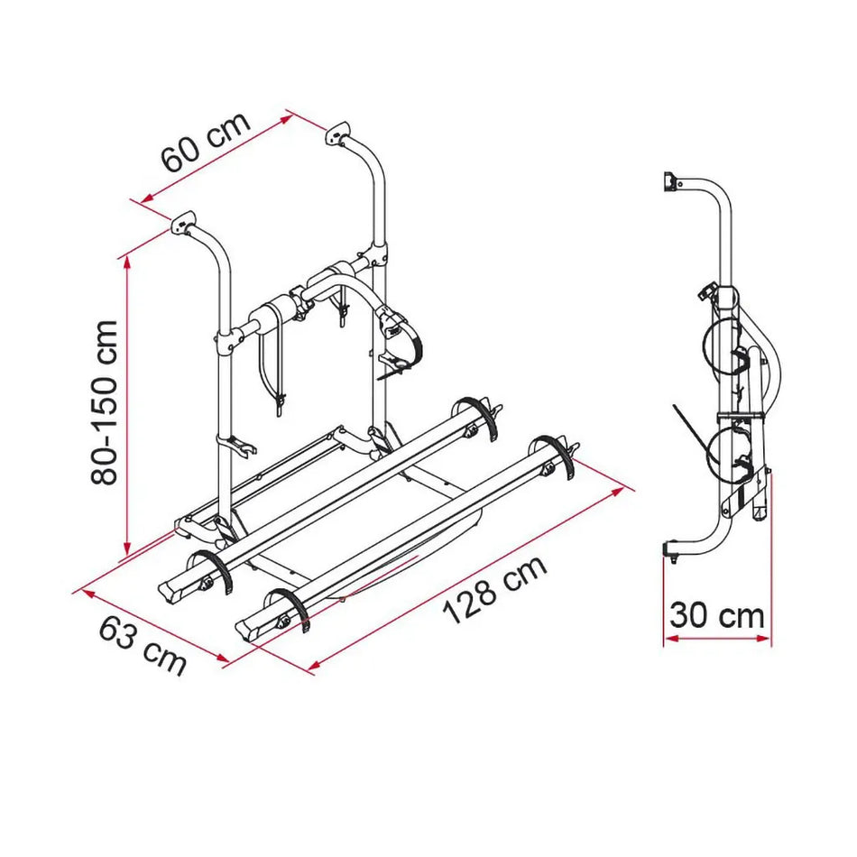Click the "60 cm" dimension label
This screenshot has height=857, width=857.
pyautogui.click(x=206, y=144)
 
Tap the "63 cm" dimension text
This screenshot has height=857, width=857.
pyautogui.click(x=143, y=646)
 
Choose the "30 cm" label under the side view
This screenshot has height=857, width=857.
pyautogui.click(x=717, y=617)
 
